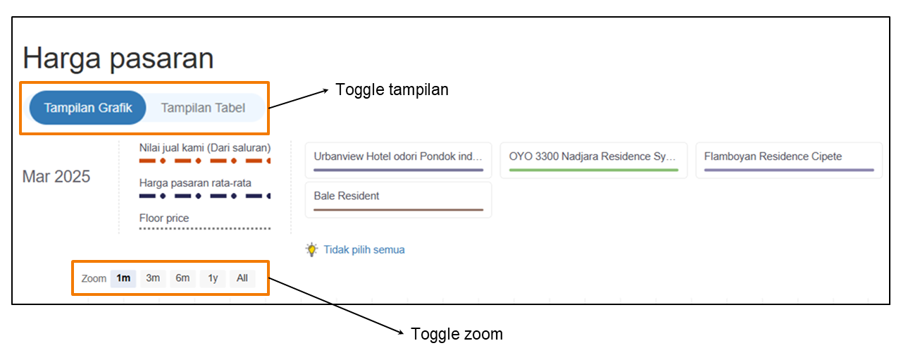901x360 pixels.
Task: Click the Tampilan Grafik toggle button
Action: [87, 108]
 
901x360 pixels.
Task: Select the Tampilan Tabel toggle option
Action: [203, 108]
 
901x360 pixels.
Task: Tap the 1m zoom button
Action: [123, 278]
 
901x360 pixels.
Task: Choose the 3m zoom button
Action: [153, 278]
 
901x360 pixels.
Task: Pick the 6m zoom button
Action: [182, 278]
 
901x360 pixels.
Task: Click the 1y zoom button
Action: [213, 278]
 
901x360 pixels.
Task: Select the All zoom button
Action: [242, 278]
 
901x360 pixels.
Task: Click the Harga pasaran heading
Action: [118, 58]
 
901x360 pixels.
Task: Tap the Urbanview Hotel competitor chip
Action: [399, 160]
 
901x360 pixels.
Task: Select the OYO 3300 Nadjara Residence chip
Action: [594, 160]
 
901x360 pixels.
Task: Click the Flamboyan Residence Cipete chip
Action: [789, 160]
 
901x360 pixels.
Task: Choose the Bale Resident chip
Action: [399, 199]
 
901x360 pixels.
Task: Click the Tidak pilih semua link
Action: [364, 249]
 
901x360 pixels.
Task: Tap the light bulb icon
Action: [311, 249]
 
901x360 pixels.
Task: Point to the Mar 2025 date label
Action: [56, 177]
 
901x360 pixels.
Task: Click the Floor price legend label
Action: [164, 218]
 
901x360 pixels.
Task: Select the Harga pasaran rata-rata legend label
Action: [195, 183]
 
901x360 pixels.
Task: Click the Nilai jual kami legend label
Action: [205, 148]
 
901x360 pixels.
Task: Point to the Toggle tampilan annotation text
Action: [392, 90]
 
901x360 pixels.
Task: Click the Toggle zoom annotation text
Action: [456, 334]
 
